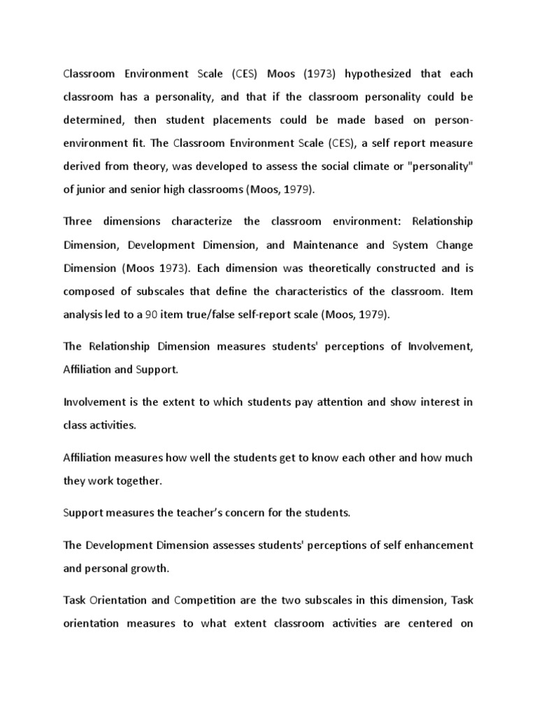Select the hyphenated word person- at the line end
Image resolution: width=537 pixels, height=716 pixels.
point(447,120)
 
